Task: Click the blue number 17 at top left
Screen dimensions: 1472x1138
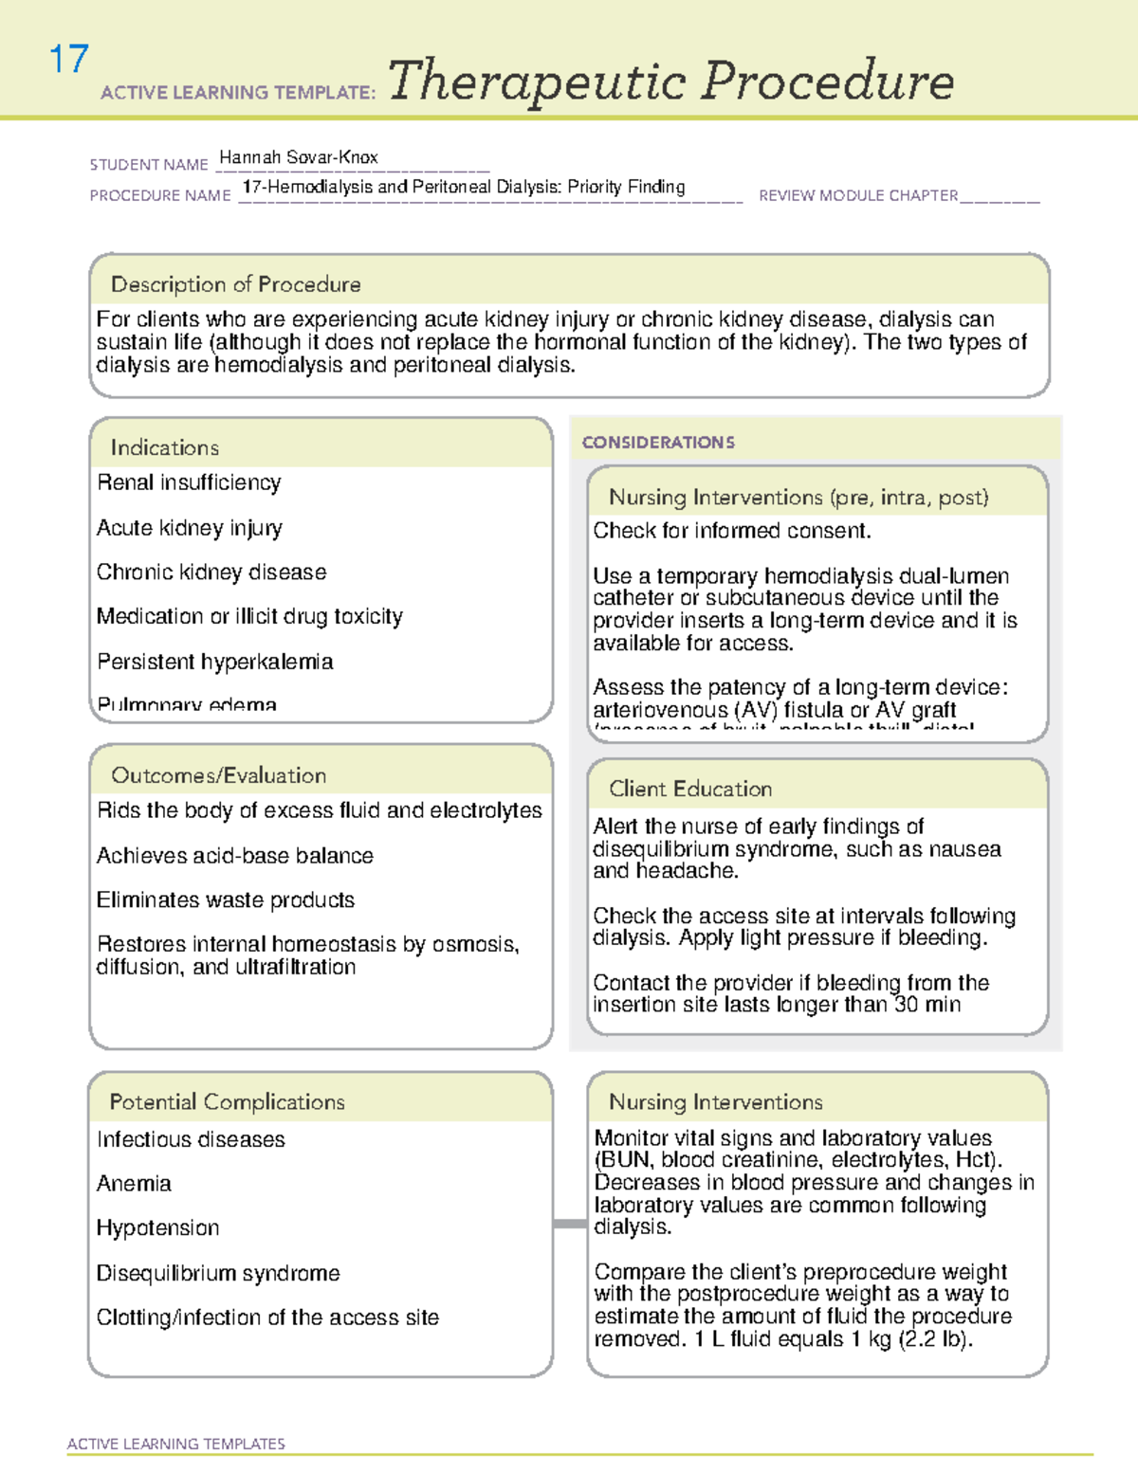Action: pos(68,60)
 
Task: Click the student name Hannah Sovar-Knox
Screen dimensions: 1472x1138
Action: pos(298,157)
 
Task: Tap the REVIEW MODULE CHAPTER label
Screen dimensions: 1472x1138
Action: pos(858,195)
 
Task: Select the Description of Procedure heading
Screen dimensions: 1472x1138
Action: pos(235,284)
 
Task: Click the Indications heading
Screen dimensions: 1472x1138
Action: pos(164,447)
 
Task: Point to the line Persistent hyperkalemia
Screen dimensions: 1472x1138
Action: pos(214,662)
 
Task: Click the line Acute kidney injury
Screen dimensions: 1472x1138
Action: pos(189,528)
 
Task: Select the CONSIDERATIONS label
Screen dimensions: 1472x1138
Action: pos(658,443)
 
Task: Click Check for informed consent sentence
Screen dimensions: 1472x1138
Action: pos(731,531)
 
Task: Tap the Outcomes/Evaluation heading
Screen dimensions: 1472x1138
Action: pos(218,775)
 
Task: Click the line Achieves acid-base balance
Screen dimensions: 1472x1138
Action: pos(234,856)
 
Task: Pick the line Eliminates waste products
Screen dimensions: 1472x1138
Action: pos(225,900)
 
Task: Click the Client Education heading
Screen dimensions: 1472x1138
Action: pos(689,789)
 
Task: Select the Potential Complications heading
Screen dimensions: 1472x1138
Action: pos(227,1101)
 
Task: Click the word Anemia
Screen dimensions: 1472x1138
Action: pos(134,1184)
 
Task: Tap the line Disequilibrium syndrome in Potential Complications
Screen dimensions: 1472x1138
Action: pos(217,1273)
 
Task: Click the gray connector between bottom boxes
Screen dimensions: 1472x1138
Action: pos(569,1224)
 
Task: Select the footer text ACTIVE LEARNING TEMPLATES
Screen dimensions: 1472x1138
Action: pos(175,1444)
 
